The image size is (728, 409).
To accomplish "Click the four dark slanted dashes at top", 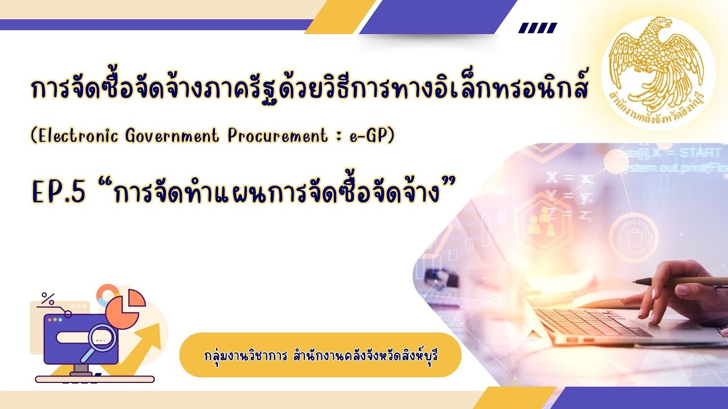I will point(538,28).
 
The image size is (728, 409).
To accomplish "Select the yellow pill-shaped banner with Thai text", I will point(319,355).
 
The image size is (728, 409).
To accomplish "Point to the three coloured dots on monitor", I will point(55,320).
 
